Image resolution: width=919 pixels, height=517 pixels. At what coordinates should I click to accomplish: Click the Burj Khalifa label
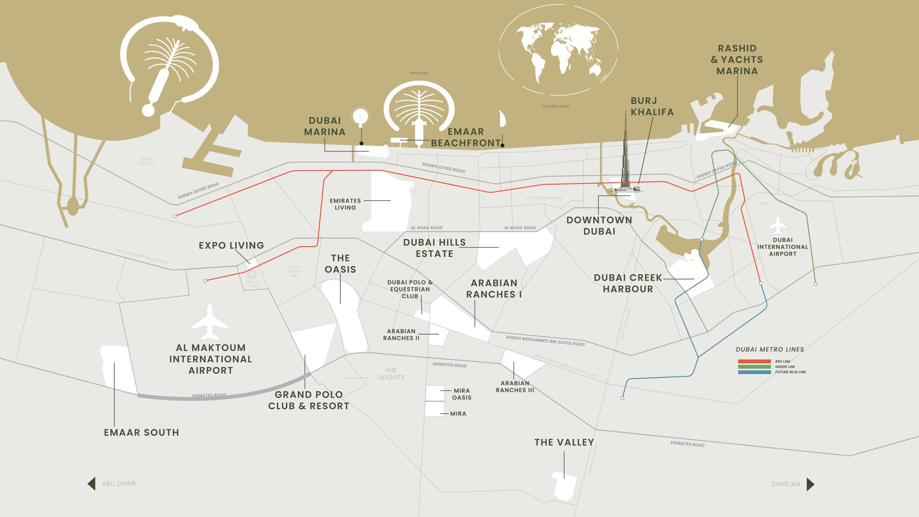pyautogui.click(x=651, y=106)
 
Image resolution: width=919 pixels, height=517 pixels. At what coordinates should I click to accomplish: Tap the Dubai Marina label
pyautogui.click(x=325, y=126)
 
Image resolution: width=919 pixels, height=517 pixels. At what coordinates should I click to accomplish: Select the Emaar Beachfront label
pyautogui.click(x=465, y=137)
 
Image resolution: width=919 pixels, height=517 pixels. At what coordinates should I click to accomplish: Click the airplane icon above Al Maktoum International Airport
pyautogui.click(x=210, y=321)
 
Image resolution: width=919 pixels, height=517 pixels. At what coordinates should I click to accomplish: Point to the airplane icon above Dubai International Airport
pyautogui.click(x=778, y=225)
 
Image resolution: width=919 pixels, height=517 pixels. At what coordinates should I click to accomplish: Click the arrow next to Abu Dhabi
pyautogui.click(x=91, y=483)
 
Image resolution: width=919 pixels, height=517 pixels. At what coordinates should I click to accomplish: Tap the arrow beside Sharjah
pyautogui.click(x=810, y=484)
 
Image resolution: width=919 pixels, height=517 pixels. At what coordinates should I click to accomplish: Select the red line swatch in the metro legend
pyautogui.click(x=754, y=361)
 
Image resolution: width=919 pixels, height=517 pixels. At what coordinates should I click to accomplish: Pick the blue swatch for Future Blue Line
pyautogui.click(x=754, y=372)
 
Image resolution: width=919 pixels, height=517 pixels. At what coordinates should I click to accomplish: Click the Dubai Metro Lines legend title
pyautogui.click(x=769, y=349)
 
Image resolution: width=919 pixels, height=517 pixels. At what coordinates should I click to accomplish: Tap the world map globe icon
pyautogui.click(x=558, y=50)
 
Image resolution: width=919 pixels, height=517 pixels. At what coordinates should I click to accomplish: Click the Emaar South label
pyautogui.click(x=141, y=432)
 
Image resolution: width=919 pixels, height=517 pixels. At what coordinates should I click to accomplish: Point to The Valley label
pyautogui.click(x=564, y=442)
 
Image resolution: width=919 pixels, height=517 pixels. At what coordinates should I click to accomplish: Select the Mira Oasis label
pyautogui.click(x=462, y=394)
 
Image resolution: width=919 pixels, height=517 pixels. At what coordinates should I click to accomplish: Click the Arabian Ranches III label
pyautogui.click(x=515, y=386)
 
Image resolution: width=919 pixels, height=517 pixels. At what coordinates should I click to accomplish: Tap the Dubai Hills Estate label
pyautogui.click(x=434, y=248)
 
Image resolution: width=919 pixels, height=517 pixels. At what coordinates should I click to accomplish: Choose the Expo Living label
pyautogui.click(x=231, y=245)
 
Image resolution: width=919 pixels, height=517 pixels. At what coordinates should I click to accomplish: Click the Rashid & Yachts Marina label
pyautogui.click(x=737, y=59)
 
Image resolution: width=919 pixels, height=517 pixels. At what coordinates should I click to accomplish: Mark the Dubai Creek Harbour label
pyautogui.click(x=628, y=283)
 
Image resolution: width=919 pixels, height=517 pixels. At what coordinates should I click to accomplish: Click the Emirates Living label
pyautogui.click(x=345, y=204)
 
